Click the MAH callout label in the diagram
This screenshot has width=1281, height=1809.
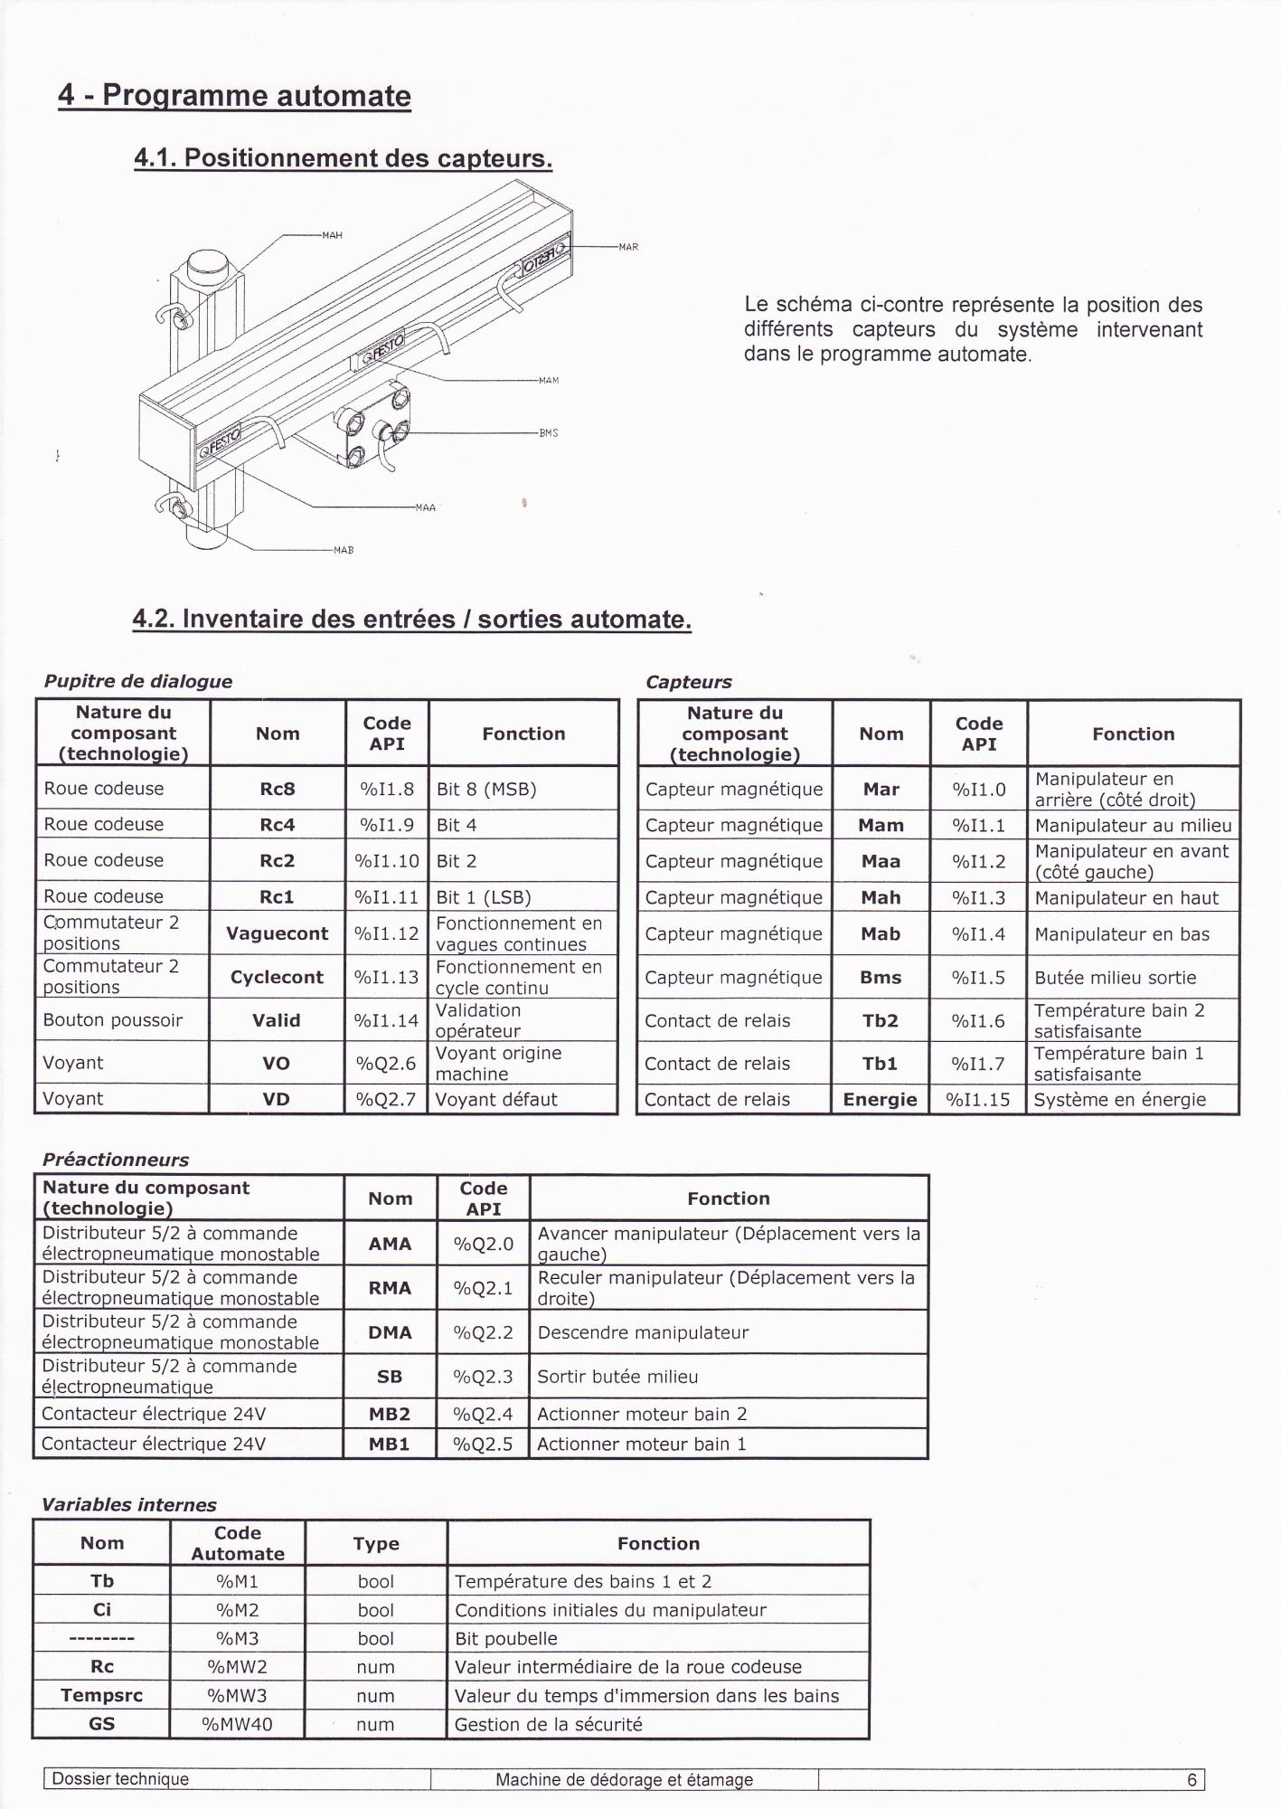(x=332, y=235)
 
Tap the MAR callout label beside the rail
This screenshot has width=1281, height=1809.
(x=628, y=246)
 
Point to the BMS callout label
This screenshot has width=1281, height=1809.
(x=549, y=433)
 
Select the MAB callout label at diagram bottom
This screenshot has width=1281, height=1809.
(x=344, y=550)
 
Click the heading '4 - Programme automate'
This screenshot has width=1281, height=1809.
(x=234, y=96)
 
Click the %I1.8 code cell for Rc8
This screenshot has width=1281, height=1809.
(x=387, y=789)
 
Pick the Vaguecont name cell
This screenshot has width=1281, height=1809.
(x=278, y=933)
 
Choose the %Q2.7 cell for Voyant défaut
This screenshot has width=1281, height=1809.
(x=386, y=1099)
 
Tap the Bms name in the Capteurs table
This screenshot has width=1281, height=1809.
(x=881, y=977)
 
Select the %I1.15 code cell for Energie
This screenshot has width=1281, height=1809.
(x=978, y=1100)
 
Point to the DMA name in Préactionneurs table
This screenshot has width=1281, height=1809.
(x=390, y=1332)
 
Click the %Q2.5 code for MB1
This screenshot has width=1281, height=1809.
(x=483, y=1444)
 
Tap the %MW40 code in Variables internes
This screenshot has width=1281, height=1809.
(x=237, y=1725)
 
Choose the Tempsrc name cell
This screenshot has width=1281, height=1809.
(x=102, y=1696)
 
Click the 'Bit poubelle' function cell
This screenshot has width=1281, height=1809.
(x=506, y=1638)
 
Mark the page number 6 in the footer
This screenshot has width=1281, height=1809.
(x=1192, y=1780)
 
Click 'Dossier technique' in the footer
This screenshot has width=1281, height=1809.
(x=120, y=1779)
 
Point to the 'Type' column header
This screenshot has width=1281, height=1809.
(x=376, y=1544)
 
